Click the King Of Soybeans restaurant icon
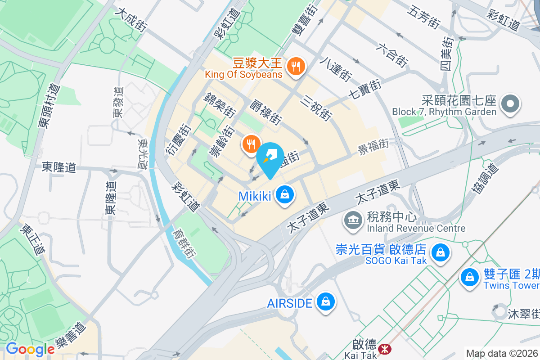click(296, 66)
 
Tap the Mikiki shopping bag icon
click(285, 195)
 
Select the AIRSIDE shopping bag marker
click(325, 301)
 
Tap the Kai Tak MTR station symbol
click(384, 349)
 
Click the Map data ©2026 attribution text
click(501, 354)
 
